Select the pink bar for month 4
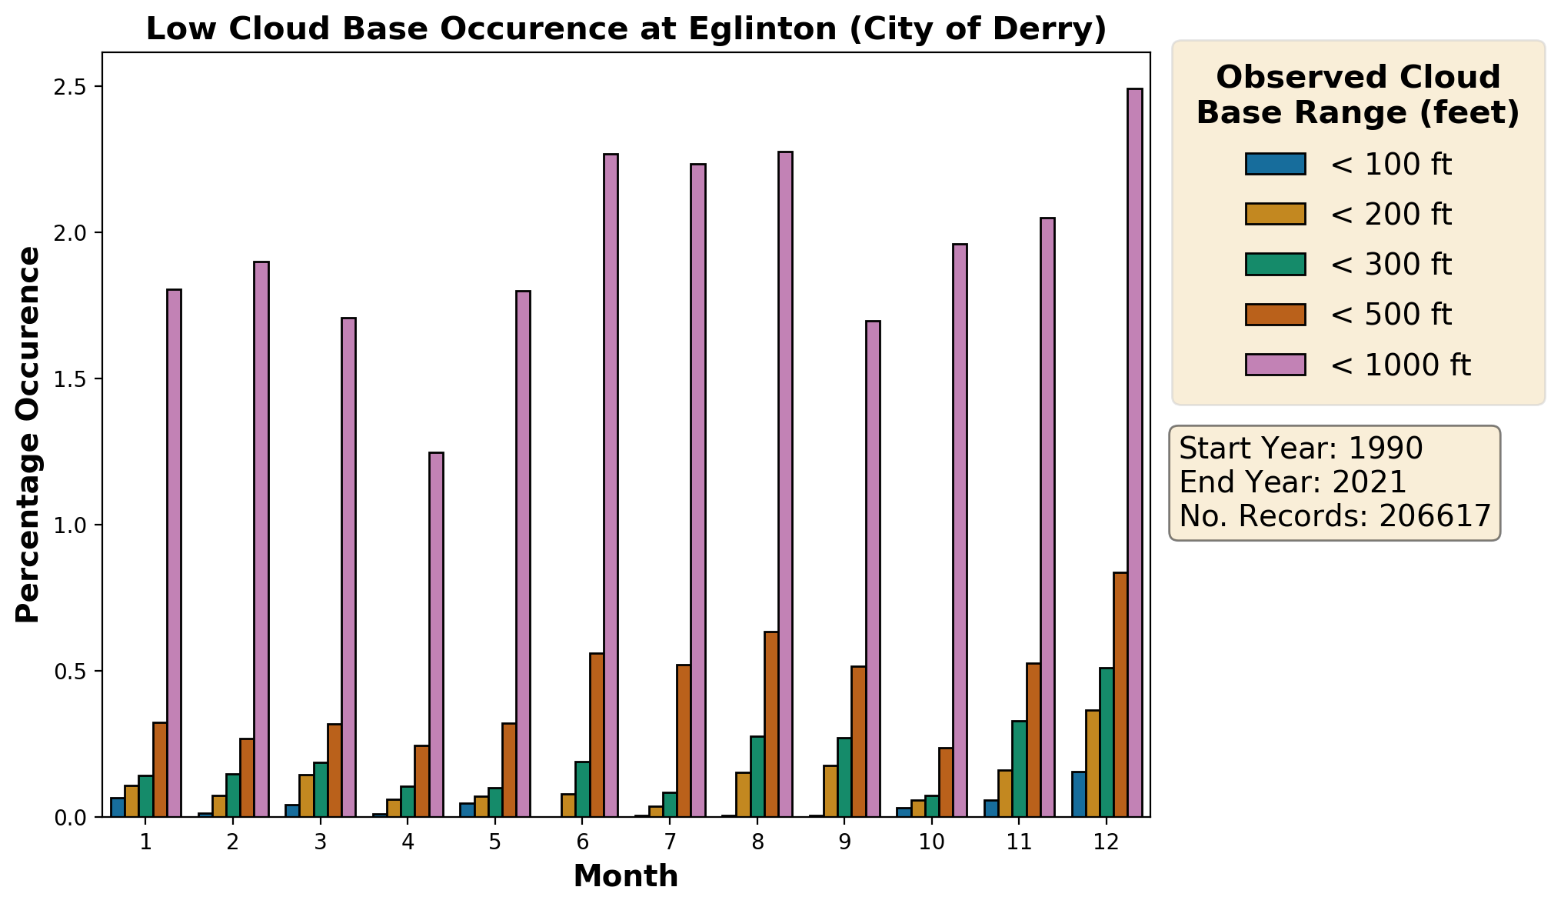click(x=436, y=634)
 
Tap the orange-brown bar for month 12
click(x=1120, y=694)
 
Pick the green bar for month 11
click(x=1019, y=769)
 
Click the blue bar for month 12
click(x=1079, y=794)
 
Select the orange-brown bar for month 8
click(x=771, y=724)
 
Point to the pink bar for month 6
click(x=611, y=485)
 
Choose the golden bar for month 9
click(x=830, y=791)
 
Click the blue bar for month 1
click(x=118, y=807)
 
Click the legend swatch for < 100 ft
click(x=1275, y=164)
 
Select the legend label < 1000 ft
click(x=1400, y=365)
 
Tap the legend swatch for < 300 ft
click(x=1275, y=265)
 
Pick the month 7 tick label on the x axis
click(x=670, y=842)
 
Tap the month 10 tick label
click(x=932, y=842)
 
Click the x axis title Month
click(x=626, y=876)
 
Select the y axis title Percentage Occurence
click(x=28, y=435)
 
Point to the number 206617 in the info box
click(x=1435, y=515)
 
